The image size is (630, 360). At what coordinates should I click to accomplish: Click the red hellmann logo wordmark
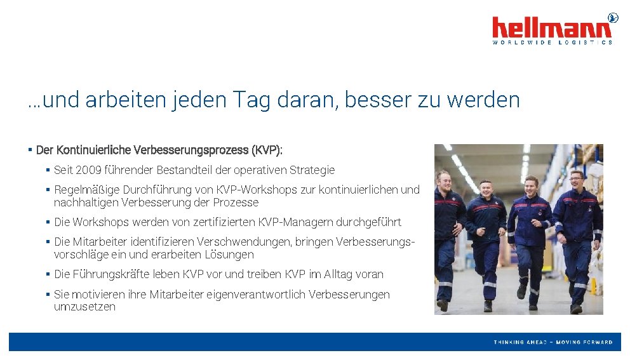coord(552,28)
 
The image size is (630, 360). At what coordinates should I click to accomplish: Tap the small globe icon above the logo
coord(613,17)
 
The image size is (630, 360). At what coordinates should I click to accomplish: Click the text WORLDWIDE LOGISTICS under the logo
coord(552,43)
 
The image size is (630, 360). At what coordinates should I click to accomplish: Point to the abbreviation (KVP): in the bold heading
coord(267,150)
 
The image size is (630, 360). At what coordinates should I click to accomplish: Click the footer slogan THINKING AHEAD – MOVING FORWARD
coord(553,342)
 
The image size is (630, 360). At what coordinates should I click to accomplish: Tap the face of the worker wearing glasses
coord(577,180)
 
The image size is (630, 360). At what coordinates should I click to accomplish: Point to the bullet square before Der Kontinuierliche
coord(30,150)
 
